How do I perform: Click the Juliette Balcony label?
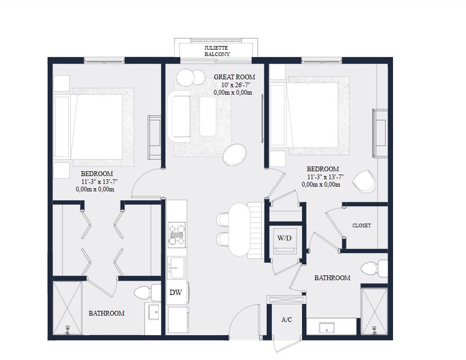pos(217,50)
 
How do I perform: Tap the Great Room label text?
pos(234,77)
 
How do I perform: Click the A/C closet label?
pos(286,320)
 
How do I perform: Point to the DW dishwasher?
pos(176,292)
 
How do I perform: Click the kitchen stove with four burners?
pos(177,234)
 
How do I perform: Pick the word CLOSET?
pos(361,226)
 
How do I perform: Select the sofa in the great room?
pos(180,116)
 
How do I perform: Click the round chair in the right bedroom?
pos(364,181)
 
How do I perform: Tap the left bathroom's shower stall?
pos(67,309)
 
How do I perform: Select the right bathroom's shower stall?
pos(374,310)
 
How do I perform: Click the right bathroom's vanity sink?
pos(327,327)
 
